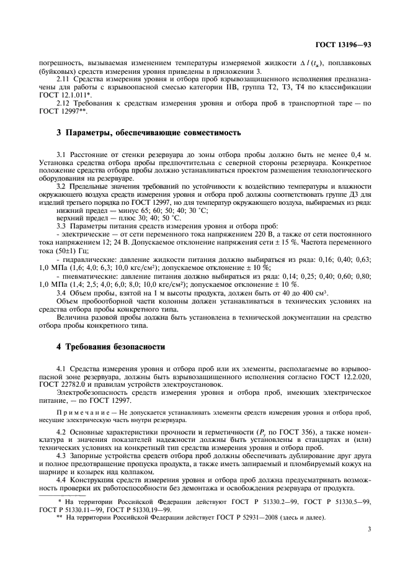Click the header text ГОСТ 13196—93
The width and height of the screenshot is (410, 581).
click(x=350, y=44)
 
